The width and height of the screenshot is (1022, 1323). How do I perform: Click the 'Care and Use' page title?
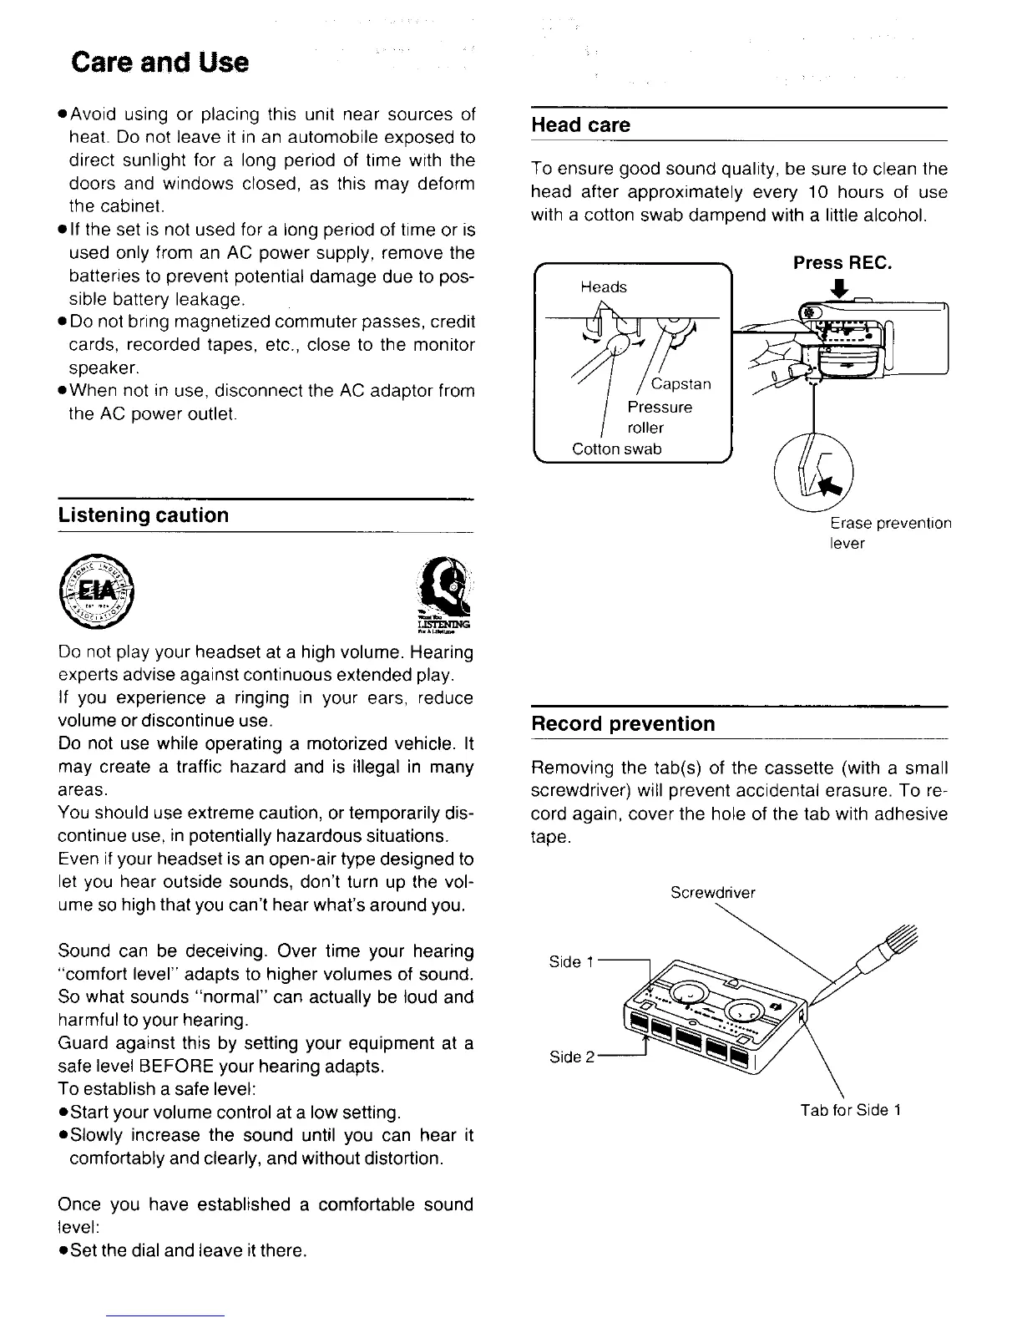(160, 63)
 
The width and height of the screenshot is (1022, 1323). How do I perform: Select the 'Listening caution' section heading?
(143, 515)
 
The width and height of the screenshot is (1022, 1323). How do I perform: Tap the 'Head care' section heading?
(580, 125)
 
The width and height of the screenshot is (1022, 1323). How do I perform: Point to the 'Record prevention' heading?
(623, 724)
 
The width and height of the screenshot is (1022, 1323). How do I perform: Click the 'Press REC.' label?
(842, 263)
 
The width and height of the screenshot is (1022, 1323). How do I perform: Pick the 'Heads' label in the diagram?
(604, 287)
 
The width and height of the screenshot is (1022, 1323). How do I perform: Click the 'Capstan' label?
(680, 384)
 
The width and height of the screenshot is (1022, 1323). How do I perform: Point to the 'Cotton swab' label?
(616, 449)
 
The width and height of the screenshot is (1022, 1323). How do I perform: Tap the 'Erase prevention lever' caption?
(890, 533)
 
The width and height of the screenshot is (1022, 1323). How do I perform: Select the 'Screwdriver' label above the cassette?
(713, 893)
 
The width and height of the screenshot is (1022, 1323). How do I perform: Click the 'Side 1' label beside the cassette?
(571, 962)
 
